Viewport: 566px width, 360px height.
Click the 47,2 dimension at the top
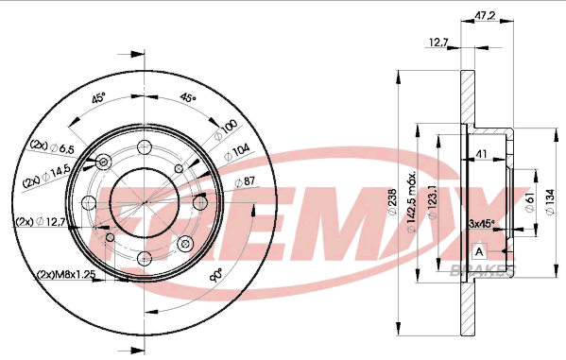485,15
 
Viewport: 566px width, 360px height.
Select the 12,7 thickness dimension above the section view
438,43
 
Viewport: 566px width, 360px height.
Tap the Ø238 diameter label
392,202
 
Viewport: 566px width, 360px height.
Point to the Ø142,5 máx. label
412,202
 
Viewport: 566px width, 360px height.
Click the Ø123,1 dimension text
432,202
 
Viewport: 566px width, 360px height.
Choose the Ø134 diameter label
550,202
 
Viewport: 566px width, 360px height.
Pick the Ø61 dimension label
530,202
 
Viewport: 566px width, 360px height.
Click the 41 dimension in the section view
482,154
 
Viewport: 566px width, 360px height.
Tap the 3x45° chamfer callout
482,224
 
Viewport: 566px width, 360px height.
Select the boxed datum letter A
479,251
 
